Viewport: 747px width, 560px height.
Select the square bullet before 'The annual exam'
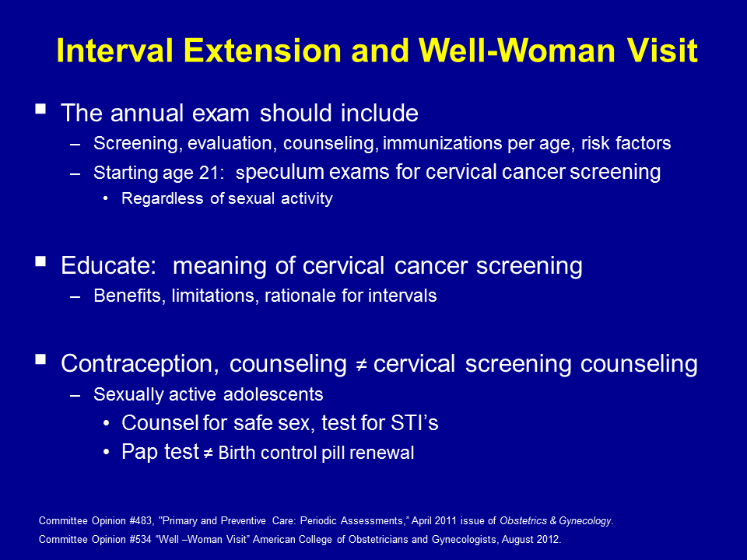point(40,109)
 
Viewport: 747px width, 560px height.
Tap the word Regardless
point(162,198)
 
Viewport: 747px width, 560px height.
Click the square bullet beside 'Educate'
point(40,261)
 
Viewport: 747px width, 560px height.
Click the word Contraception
point(137,364)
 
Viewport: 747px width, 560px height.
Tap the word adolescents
point(273,394)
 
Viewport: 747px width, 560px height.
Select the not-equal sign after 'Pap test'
point(209,453)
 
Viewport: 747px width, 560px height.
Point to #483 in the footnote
point(142,521)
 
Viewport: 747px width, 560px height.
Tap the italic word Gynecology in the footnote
point(584,521)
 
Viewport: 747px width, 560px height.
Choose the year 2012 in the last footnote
point(549,540)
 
